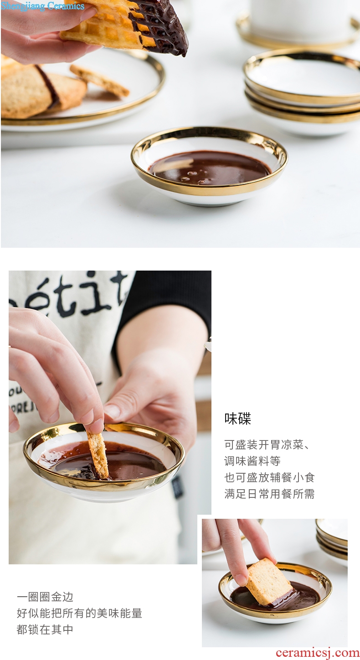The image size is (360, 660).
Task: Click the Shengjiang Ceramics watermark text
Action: pyautogui.click(x=42, y=6)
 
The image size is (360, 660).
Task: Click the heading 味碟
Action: pyautogui.click(x=237, y=419)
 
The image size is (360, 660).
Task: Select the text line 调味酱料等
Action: pyautogui.click(x=252, y=461)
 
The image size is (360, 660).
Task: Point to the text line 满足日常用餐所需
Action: pyautogui.click(x=269, y=494)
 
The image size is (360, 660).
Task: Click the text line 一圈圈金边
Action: pyautogui.click(x=45, y=597)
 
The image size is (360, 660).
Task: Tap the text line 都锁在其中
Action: pyautogui.click(x=45, y=629)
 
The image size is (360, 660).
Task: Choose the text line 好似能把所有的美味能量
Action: pyautogui.click(x=79, y=613)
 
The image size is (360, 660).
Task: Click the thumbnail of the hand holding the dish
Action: pyautogui.click(x=110, y=417)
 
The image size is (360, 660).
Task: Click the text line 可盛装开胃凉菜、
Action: pyautogui.click(x=267, y=444)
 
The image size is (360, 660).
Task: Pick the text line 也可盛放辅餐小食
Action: pyautogui.click(x=269, y=477)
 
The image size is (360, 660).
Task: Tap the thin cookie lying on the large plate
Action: pyautogui.click(x=100, y=81)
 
